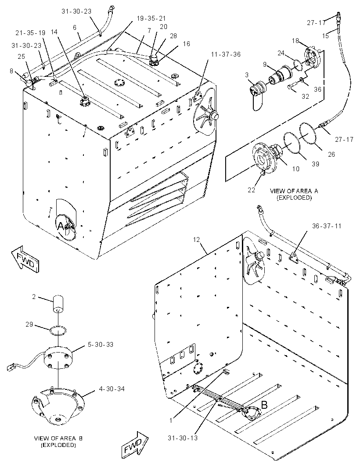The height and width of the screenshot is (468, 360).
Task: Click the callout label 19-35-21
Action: tap(151, 18)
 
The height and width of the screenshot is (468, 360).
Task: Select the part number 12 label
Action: tap(196, 239)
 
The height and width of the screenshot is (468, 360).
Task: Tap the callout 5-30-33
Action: tap(100, 345)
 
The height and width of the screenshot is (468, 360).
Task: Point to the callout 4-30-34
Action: tap(112, 389)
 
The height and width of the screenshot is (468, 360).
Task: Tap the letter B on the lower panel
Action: tap(264, 405)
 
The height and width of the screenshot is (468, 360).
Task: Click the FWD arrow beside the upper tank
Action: tap(25, 259)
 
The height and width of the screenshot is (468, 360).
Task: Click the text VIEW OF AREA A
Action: tap(294, 191)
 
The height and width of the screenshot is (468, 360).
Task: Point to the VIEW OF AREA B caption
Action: tap(58, 438)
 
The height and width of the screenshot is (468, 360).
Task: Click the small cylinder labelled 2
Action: tap(58, 304)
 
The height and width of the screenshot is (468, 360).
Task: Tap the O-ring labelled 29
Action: tap(58, 330)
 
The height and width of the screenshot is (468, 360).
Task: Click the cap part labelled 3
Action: tap(256, 93)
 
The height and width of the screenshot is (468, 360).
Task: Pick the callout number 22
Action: tap(252, 190)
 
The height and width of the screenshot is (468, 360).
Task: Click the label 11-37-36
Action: tap(226, 54)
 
